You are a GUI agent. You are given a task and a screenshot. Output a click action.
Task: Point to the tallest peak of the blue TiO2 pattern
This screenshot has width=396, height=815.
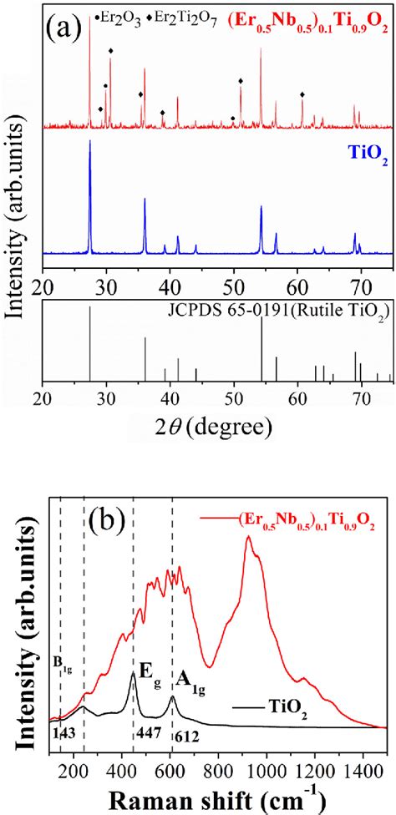pos(90,142)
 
